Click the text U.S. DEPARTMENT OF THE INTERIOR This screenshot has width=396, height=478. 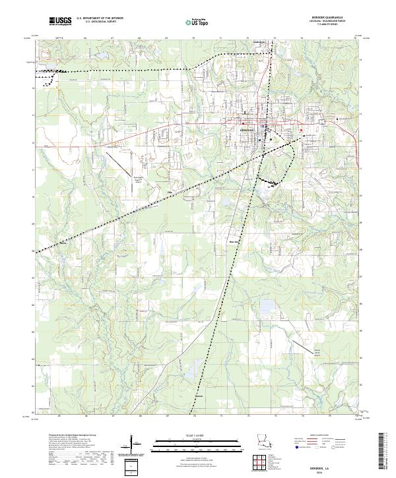tap(100, 18)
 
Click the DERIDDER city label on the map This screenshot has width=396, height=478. tap(245, 130)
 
